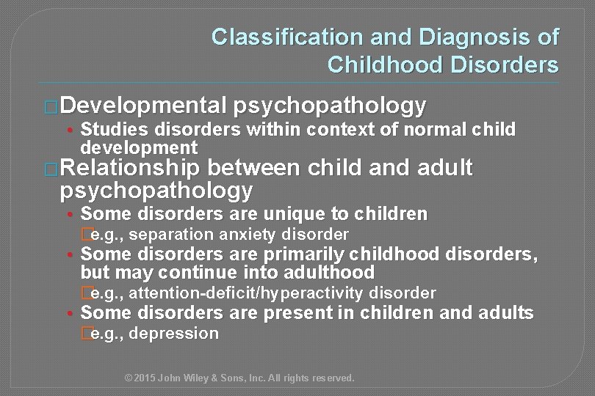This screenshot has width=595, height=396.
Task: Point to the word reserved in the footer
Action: click(333, 378)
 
